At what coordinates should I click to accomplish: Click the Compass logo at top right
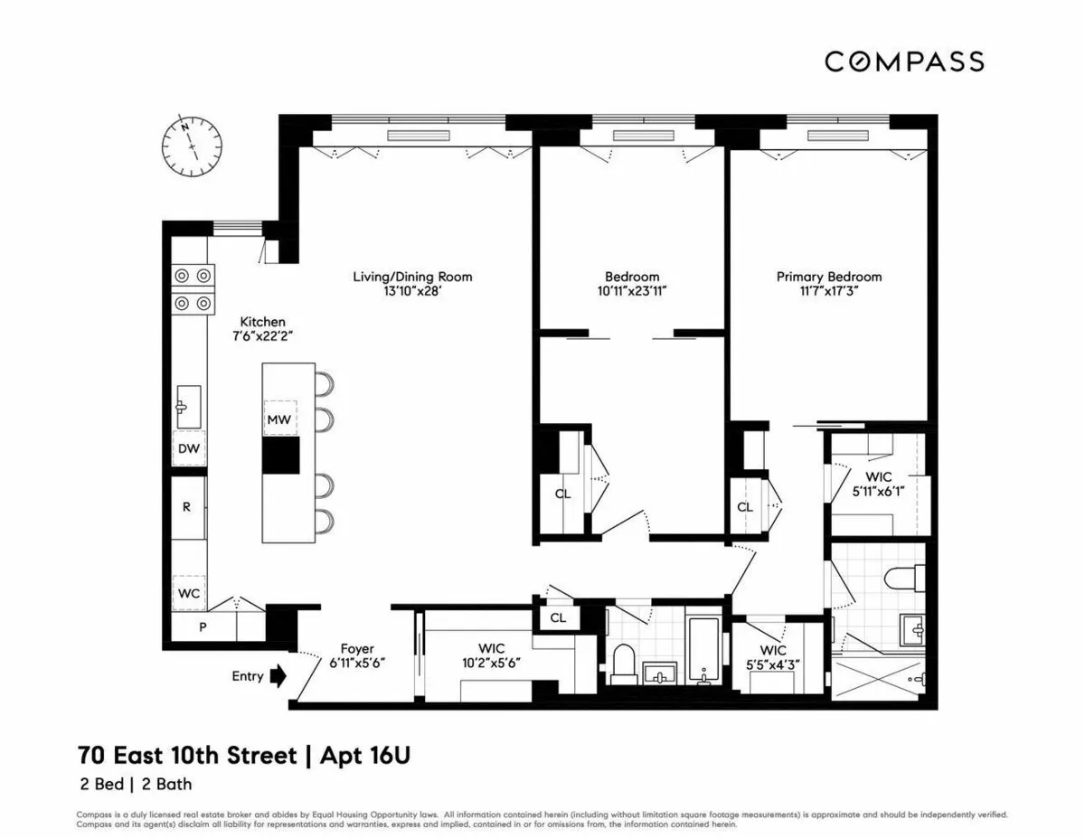pyautogui.click(x=903, y=61)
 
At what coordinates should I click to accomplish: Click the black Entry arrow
pyautogui.click(x=278, y=675)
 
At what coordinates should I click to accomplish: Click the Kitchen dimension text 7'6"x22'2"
pyautogui.click(x=262, y=336)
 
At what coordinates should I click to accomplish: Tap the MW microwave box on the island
pyautogui.click(x=278, y=419)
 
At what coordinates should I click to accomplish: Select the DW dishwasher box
pyautogui.click(x=188, y=448)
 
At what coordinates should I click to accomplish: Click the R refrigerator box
pyautogui.click(x=187, y=506)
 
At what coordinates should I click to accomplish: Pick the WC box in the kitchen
pyautogui.click(x=189, y=592)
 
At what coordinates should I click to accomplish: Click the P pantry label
pyautogui.click(x=203, y=626)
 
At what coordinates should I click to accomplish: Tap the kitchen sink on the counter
pyautogui.click(x=189, y=406)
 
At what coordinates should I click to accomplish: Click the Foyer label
pyautogui.click(x=357, y=648)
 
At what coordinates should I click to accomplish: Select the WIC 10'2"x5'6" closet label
pyautogui.click(x=491, y=655)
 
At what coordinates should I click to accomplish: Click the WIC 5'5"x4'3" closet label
pyautogui.click(x=773, y=657)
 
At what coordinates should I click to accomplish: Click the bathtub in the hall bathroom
pyautogui.click(x=703, y=649)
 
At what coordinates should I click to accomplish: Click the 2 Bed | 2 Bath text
pyautogui.click(x=135, y=785)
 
